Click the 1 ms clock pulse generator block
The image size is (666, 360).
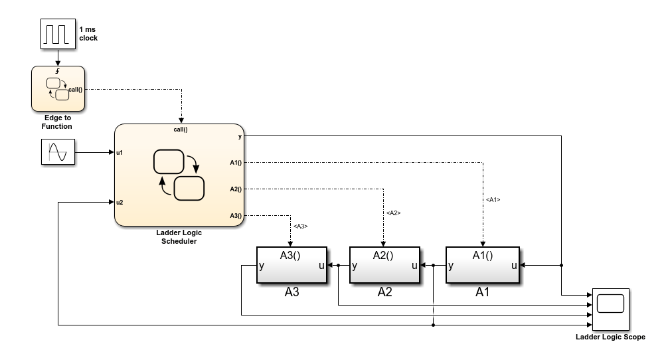57,34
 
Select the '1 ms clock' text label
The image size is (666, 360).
88,34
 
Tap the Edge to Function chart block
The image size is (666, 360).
58,88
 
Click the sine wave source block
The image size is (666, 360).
57,151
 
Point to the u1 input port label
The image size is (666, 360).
120,152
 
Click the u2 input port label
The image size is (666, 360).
120,202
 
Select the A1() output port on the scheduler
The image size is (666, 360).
236,161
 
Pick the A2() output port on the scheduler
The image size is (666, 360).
236,189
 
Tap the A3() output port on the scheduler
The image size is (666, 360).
236,215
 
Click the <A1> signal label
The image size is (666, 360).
493,199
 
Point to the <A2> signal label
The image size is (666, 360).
393,213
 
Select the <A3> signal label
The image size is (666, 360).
300,226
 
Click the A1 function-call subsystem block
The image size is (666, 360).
482,265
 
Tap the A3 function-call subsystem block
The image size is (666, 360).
291,265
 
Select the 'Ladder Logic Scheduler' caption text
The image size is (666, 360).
179,237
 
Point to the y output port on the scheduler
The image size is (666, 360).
239,136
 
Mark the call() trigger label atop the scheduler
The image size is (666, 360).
181,130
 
